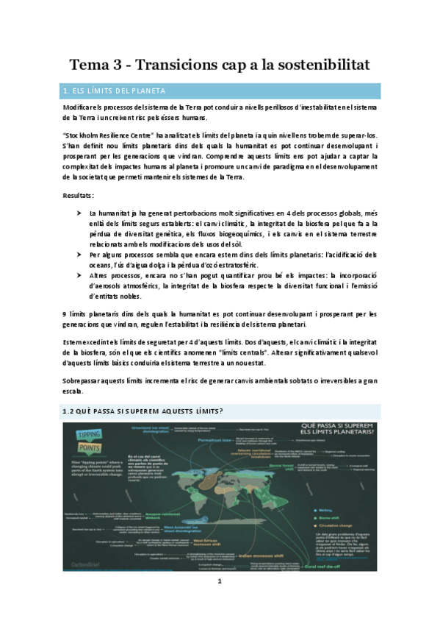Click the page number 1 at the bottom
tap(220, 581)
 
